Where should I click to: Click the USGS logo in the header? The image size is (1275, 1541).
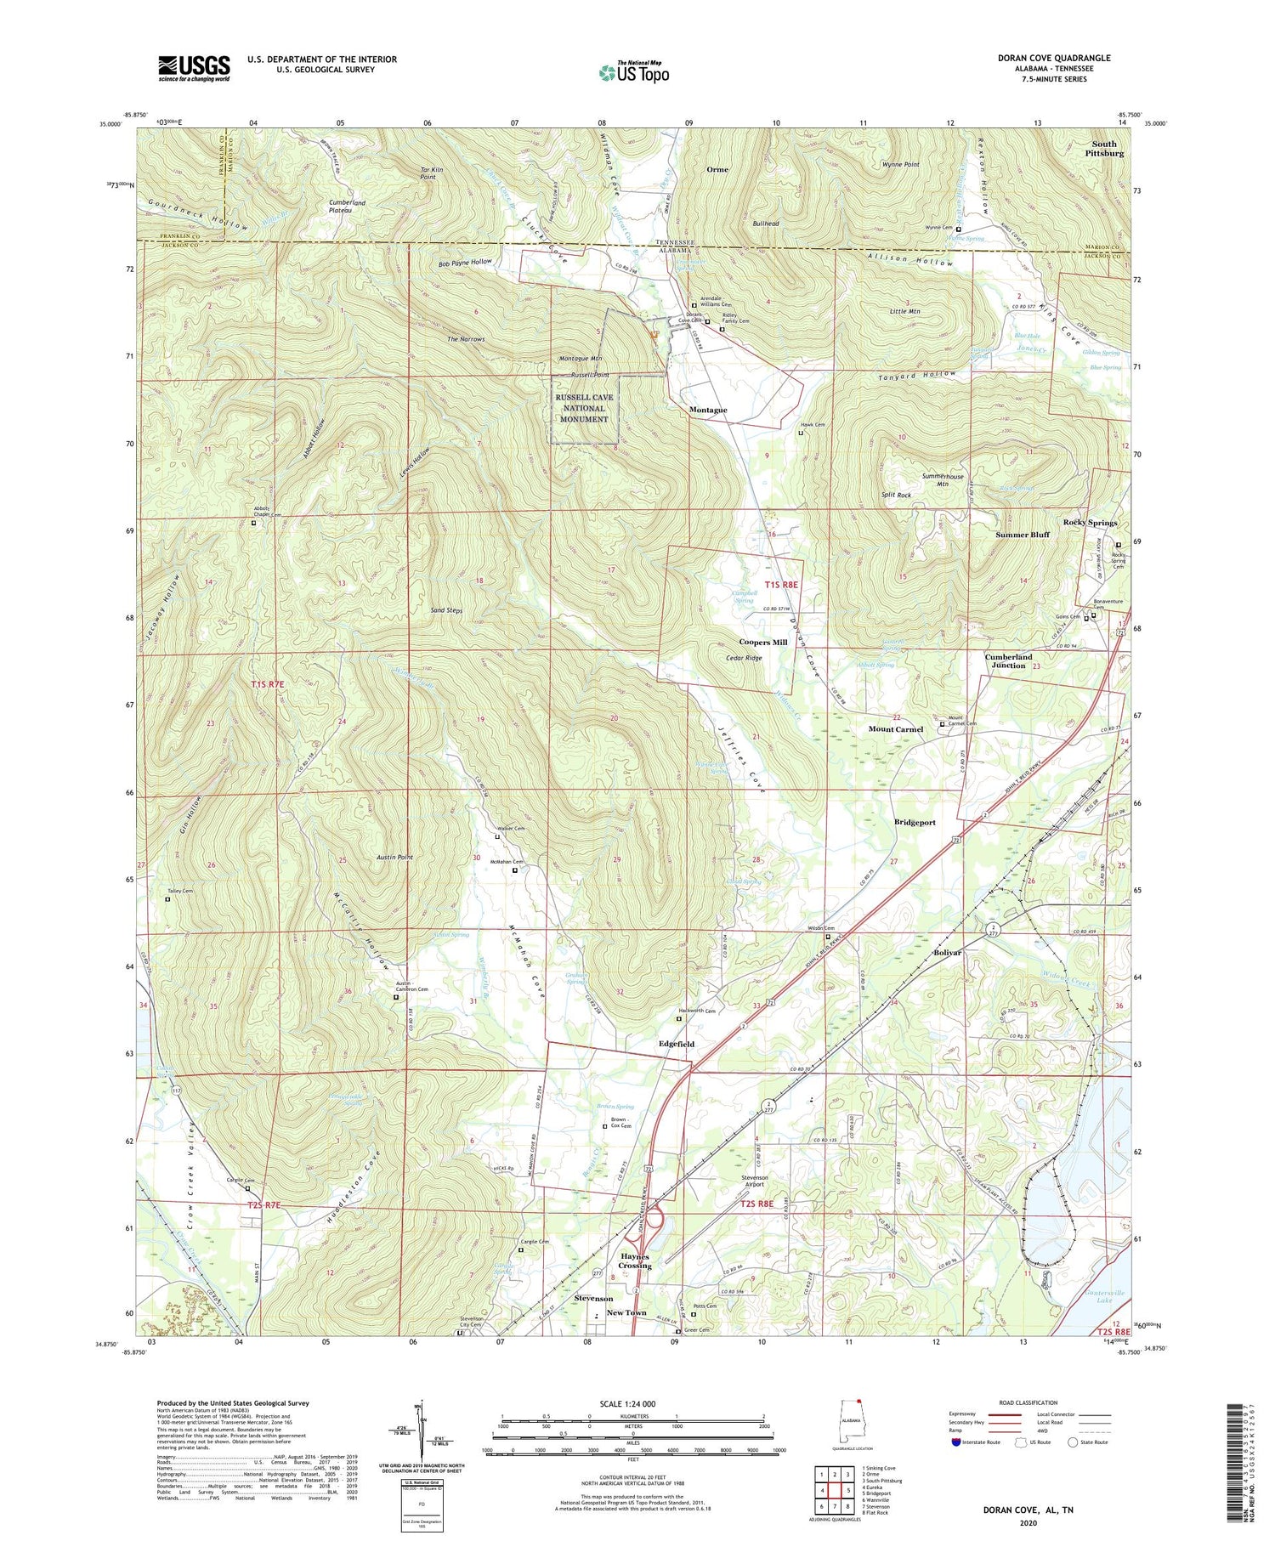[x=194, y=68]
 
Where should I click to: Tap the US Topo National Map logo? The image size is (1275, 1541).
[x=633, y=72]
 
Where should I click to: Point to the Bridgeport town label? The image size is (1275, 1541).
[x=915, y=823]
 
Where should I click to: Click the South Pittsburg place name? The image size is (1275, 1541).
[x=1103, y=149]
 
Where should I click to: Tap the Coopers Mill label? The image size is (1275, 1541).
[x=762, y=643]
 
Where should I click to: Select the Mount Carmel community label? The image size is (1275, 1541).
[x=895, y=729]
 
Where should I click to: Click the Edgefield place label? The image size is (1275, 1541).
[x=677, y=1044]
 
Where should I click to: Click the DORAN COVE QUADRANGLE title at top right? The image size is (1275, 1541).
[x=1054, y=58]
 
